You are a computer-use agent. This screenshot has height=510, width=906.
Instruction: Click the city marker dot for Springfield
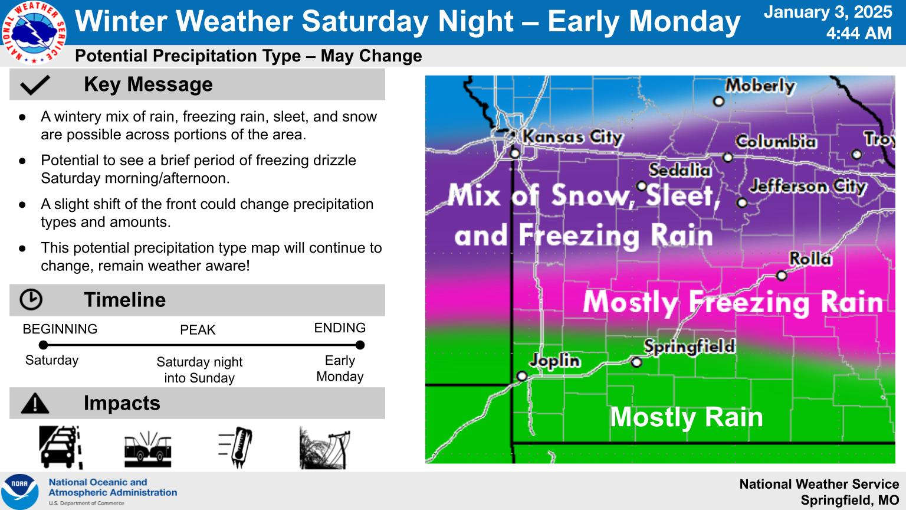click(x=636, y=362)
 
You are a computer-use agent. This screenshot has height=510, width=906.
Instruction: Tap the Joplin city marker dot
click(x=522, y=376)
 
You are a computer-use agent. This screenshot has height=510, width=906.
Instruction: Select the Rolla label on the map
click(x=810, y=259)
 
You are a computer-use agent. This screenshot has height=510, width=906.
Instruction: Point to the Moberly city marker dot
click(x=718, y=101)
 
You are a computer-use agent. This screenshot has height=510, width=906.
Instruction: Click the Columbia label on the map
click(x=776, y=142)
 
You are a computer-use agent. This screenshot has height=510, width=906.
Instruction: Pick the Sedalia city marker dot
click(x=642, y=186)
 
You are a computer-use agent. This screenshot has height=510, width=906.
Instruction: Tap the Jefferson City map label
click(x=807, y=187)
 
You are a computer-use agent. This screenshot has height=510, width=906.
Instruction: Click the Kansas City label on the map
click(x=572, y=137)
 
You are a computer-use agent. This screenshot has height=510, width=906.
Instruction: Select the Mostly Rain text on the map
click(x=687, y=417)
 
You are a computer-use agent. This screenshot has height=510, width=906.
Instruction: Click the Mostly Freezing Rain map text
click(x=733, y=302)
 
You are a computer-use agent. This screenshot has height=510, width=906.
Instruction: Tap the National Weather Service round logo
click(x=34, y=32)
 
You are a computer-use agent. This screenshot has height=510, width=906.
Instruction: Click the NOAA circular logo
click(x=20, y=491)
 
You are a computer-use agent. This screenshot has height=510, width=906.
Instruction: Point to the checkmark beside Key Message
click(x=35, y=85)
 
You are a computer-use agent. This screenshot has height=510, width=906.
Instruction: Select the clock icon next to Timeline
click(x=31, y=300)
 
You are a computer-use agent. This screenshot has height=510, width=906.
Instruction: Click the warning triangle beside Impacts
click(x=35, y=403)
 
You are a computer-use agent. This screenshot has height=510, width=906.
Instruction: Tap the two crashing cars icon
click(x=147, y=449)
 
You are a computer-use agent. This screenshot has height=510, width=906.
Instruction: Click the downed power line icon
click(x=324, y=448)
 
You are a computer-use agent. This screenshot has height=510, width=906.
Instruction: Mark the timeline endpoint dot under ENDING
click(x=360, y=345)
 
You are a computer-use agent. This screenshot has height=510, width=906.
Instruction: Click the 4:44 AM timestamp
click(x=859, y=33)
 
